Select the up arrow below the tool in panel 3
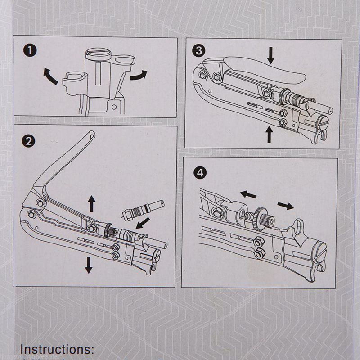pos(269,134)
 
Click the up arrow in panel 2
pos(92,204)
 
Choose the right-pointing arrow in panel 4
pos(285,206)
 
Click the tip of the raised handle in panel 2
pos(91,133)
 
